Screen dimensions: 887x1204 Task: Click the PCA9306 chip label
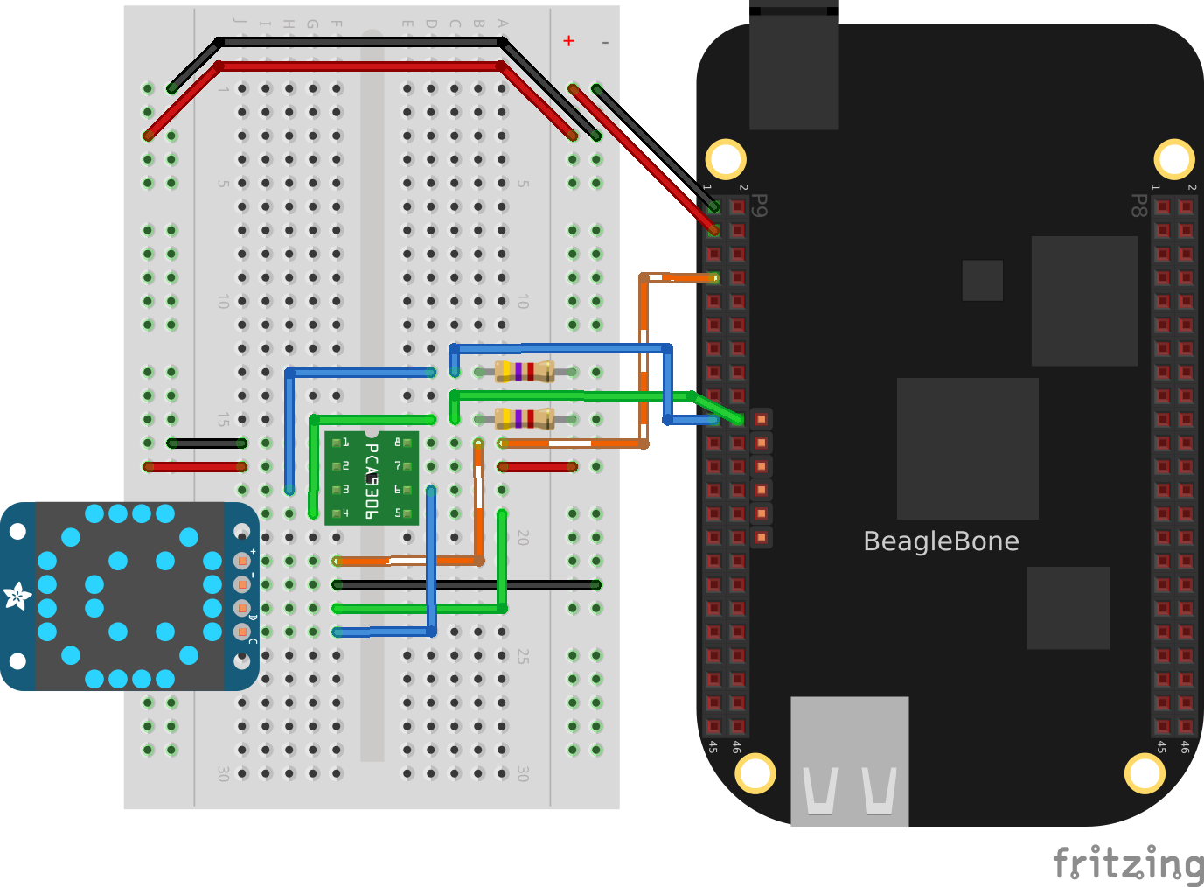372,480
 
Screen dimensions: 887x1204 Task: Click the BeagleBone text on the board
941,541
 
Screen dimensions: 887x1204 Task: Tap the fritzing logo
1128,864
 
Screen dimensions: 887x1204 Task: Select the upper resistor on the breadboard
525,372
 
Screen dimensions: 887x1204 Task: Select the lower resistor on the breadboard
525,419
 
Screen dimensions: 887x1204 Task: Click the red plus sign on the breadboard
569,41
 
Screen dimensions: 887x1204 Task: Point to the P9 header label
761,206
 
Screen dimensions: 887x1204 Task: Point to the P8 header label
1138,206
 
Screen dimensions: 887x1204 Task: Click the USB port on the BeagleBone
849,761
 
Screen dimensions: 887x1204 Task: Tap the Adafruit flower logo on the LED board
17,597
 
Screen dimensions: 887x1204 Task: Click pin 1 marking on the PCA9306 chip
345,443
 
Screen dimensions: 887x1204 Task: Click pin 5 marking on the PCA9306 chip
398,513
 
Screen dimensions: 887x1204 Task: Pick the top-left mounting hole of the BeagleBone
726,159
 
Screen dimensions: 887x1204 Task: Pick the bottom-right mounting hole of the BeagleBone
1145,773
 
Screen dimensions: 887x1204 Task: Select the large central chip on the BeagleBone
967,448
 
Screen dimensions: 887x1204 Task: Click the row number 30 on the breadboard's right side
522,773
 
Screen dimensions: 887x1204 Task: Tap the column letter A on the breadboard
502,24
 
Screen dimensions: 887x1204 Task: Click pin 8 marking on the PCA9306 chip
398,443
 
